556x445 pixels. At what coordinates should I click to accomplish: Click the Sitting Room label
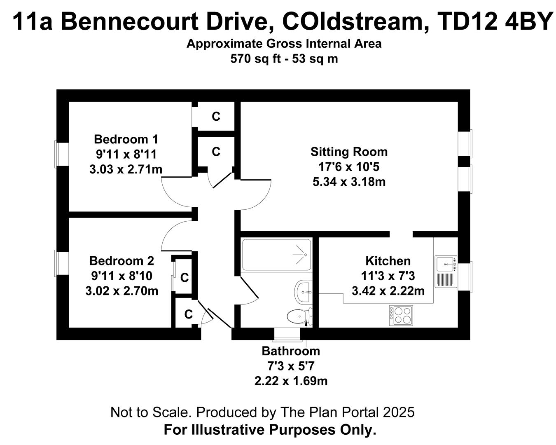point(349,152)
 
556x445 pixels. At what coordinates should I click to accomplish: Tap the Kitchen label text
point(388,261)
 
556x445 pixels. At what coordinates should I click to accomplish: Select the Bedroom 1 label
point(126,139)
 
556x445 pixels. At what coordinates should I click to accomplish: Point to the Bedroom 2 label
point(121,261)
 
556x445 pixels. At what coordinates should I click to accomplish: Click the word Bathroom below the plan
point(291,351)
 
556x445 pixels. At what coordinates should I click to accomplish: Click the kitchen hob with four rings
point(401,316)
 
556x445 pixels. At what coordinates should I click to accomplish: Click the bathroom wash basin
point(303,291)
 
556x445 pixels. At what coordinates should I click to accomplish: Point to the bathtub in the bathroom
point(276,255)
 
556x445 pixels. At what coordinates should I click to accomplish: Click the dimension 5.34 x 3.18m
point(349,182)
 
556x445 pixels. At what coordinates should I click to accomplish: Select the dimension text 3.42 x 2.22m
point(388,291)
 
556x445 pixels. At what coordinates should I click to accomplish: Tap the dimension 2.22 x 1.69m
point(291,381)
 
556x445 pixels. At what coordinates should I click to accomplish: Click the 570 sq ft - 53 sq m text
point(284,59)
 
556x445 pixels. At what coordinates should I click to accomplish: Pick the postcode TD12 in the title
point(468,22)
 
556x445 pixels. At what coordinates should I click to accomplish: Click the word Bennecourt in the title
point(129,22)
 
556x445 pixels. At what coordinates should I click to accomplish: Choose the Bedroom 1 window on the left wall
point(62,155)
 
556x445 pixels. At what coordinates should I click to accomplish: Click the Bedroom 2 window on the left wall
point(62,263)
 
